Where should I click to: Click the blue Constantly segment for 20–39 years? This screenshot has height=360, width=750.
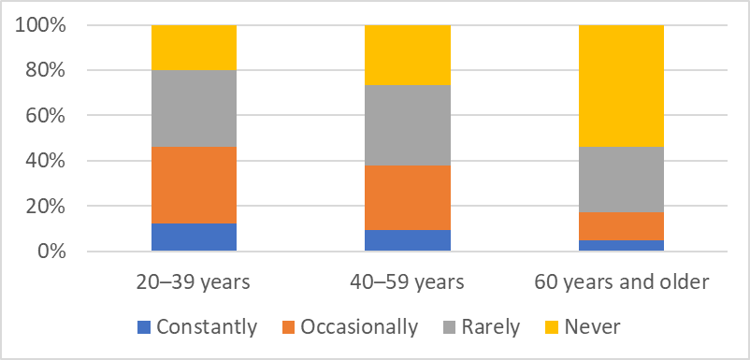pyautogui.click(x=194, y=238)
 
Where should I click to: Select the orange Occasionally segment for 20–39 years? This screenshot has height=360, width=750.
pyautogui.click(x=194, y=185)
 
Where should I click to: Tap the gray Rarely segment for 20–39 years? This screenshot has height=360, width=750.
pyautogui.click(x=194, y=108)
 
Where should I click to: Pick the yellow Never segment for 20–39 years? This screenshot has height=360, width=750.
pyautogui.click(x=194, y=48)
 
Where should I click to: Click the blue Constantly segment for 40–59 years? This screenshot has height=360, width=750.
pyautogui.click(x=408, y=240)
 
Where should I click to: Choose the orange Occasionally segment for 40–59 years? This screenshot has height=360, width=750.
pyautogui.click(x=408, y=198)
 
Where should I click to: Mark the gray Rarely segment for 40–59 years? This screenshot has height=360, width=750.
pyautogui.click(x=408, y=125)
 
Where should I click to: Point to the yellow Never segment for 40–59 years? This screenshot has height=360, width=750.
pyautogui.click(x=408, y=55)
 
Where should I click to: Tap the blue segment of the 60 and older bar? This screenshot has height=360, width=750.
pyautogui.click(x=621, y=246)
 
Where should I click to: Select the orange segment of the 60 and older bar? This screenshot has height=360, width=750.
pyautogui.click(x=621, y=226)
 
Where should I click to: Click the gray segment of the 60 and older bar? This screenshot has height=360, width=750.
pyautogui.click(x=621, y=180)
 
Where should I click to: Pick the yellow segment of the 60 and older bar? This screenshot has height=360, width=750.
pyautogui.click(x=621, y=86)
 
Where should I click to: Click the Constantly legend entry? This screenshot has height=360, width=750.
pyautogui.click(x=197, y=327)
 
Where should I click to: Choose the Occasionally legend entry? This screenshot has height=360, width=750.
pyautogui.click(x=351, y=327)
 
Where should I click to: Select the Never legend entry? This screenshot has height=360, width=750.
pyautogui.click(x=583, y=327)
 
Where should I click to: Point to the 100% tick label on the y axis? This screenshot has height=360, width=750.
pyautogui.click(x=40, y=25)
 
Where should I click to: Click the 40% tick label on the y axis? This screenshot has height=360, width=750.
pyautogui.click(x=45, y=161)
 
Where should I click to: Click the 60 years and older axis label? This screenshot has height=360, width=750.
pyautogui.click(x=621, y=283)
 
